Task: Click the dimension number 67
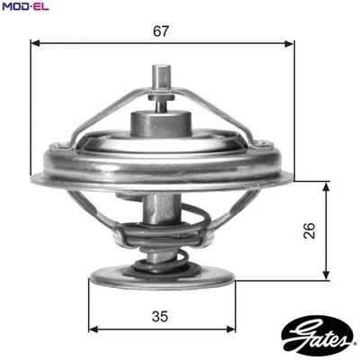point(161,31)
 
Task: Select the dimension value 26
point(310,230)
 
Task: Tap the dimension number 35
point(160,317)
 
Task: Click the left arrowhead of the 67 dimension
point(33,42)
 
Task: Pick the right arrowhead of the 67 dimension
point(290,42)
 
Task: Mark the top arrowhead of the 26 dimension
point(323,184)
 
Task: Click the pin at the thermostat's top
point(162,79)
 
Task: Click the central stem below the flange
point(161,216)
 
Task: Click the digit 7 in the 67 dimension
point(166,31)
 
